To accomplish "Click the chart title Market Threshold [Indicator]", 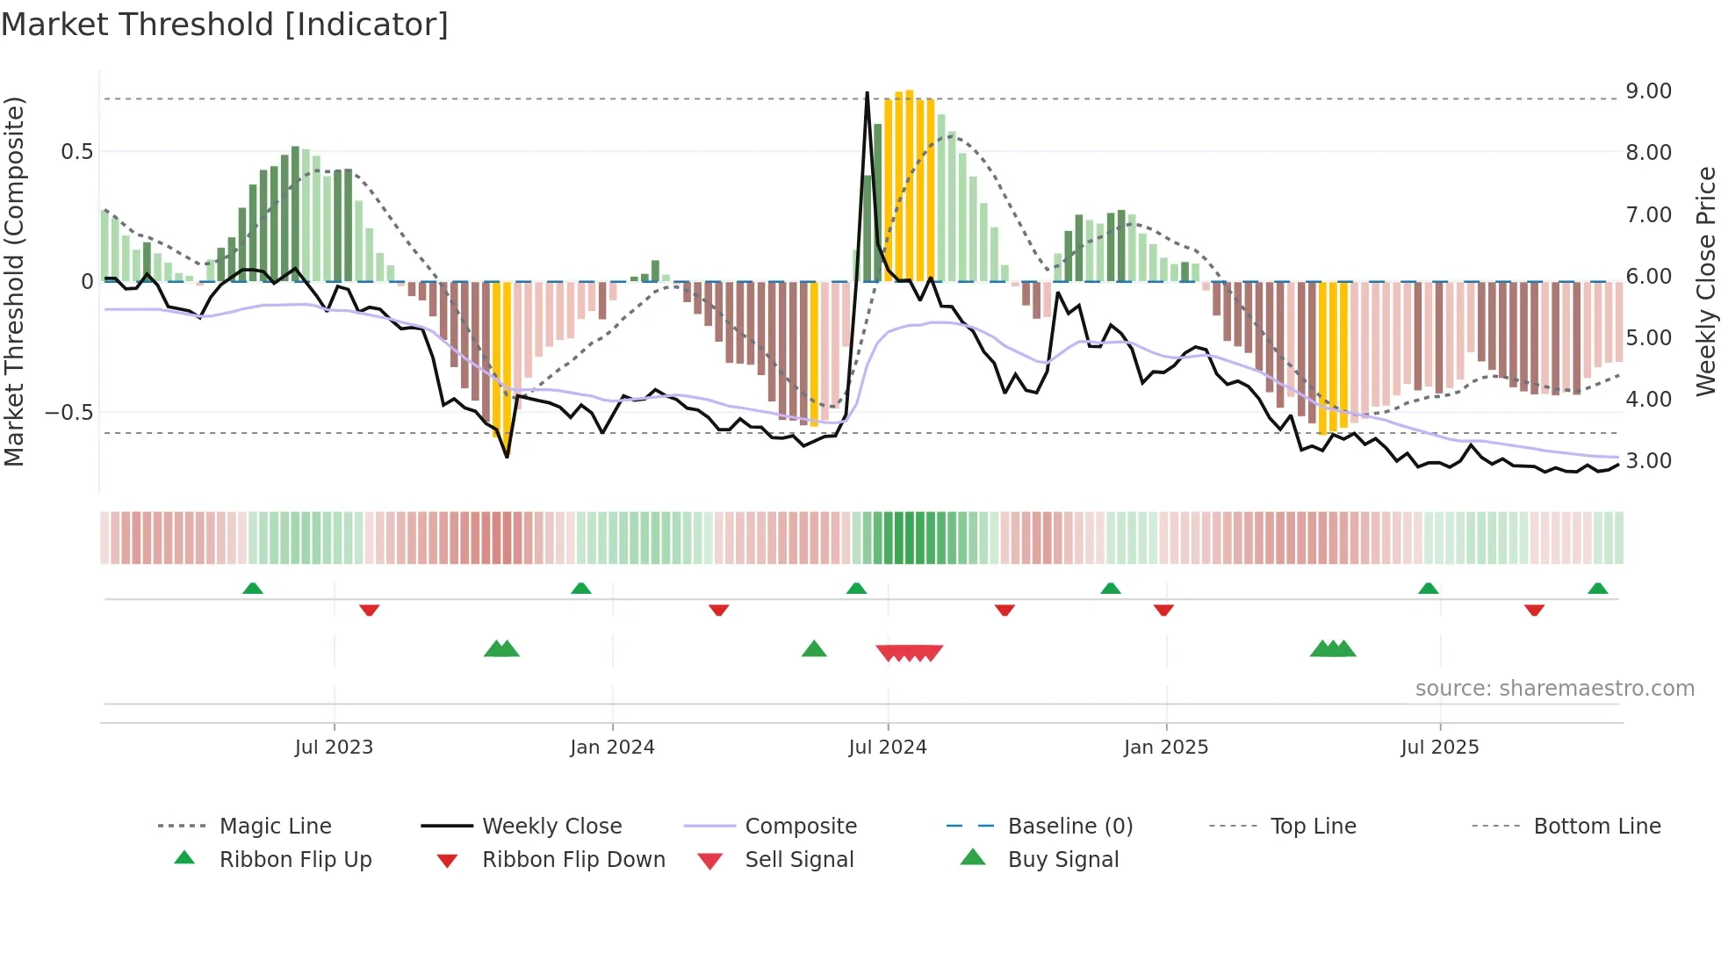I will point(225,25).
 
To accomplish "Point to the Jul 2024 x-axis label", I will point(887,748).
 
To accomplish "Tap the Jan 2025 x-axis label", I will point(1165,748).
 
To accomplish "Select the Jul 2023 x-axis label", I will point(334,748).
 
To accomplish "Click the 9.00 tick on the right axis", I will point(1648,91).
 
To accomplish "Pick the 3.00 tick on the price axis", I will point(1648,461).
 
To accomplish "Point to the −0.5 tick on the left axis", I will point(69,412).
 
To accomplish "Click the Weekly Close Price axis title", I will point(1705,281).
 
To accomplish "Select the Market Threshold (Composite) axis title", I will point(14,281).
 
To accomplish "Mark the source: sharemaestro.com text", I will point(1554,689).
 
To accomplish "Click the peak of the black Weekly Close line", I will point(867,93).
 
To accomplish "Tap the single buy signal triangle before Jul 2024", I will point(814,650).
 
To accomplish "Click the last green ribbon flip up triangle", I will point(1597,589).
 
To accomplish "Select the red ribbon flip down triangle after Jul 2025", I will point(1534,610).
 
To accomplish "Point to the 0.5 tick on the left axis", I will point(76,152).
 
